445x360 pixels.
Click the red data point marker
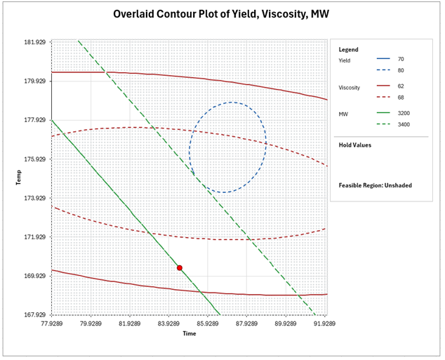coord(180,268)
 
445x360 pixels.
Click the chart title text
coord(222,14)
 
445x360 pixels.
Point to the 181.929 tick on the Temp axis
coord(34,42)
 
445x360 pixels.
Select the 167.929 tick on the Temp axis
coord(34,315)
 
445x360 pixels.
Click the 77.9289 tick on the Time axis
coord(52,324)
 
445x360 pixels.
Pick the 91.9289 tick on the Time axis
coord(324,324)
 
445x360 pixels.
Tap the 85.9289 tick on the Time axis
coord(208,324)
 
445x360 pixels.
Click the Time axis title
coord(190,334)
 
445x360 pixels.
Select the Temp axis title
coord(19,178)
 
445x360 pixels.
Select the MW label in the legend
coord(344,113)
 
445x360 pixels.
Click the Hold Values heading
coord(354,145)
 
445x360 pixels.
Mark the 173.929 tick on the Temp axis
coord(34,199)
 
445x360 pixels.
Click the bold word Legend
coord(349,50)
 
